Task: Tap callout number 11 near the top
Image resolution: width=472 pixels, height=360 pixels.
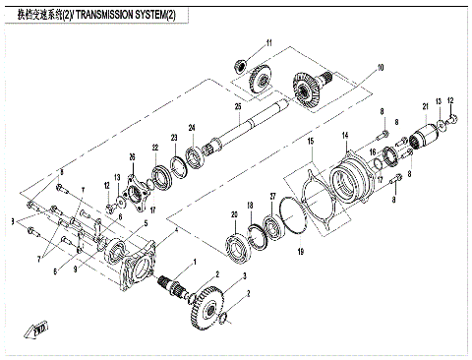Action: (266, 43)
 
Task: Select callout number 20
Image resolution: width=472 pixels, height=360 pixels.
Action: (234, 214)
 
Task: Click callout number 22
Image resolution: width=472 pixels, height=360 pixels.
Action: (155, 148)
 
